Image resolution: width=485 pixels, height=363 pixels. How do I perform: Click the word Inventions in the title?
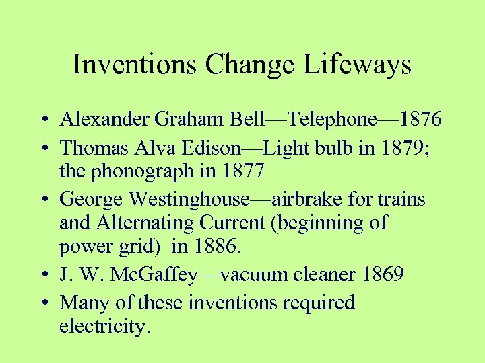coord(135,65)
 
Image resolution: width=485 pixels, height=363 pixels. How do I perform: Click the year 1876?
coord(420,120)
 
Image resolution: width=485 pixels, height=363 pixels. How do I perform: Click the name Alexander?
coord(103,120)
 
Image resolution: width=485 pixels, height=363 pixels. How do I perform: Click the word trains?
coord(401,200)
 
